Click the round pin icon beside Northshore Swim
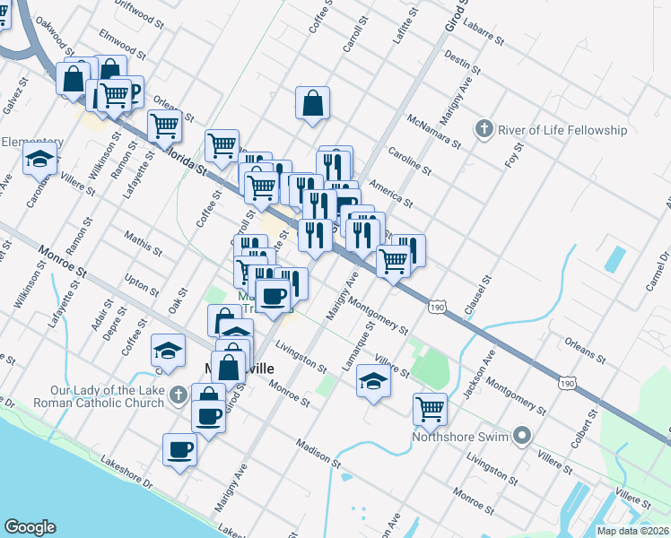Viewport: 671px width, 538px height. point(523,438)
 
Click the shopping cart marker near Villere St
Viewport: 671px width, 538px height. point(431,409)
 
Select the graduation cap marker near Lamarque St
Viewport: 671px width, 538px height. point(373,381)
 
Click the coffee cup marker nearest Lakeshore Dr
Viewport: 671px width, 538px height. point(179,448)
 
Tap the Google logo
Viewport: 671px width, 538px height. point(30,527)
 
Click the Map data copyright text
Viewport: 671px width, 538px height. point(633,531)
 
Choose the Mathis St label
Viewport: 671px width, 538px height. point(144,245)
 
